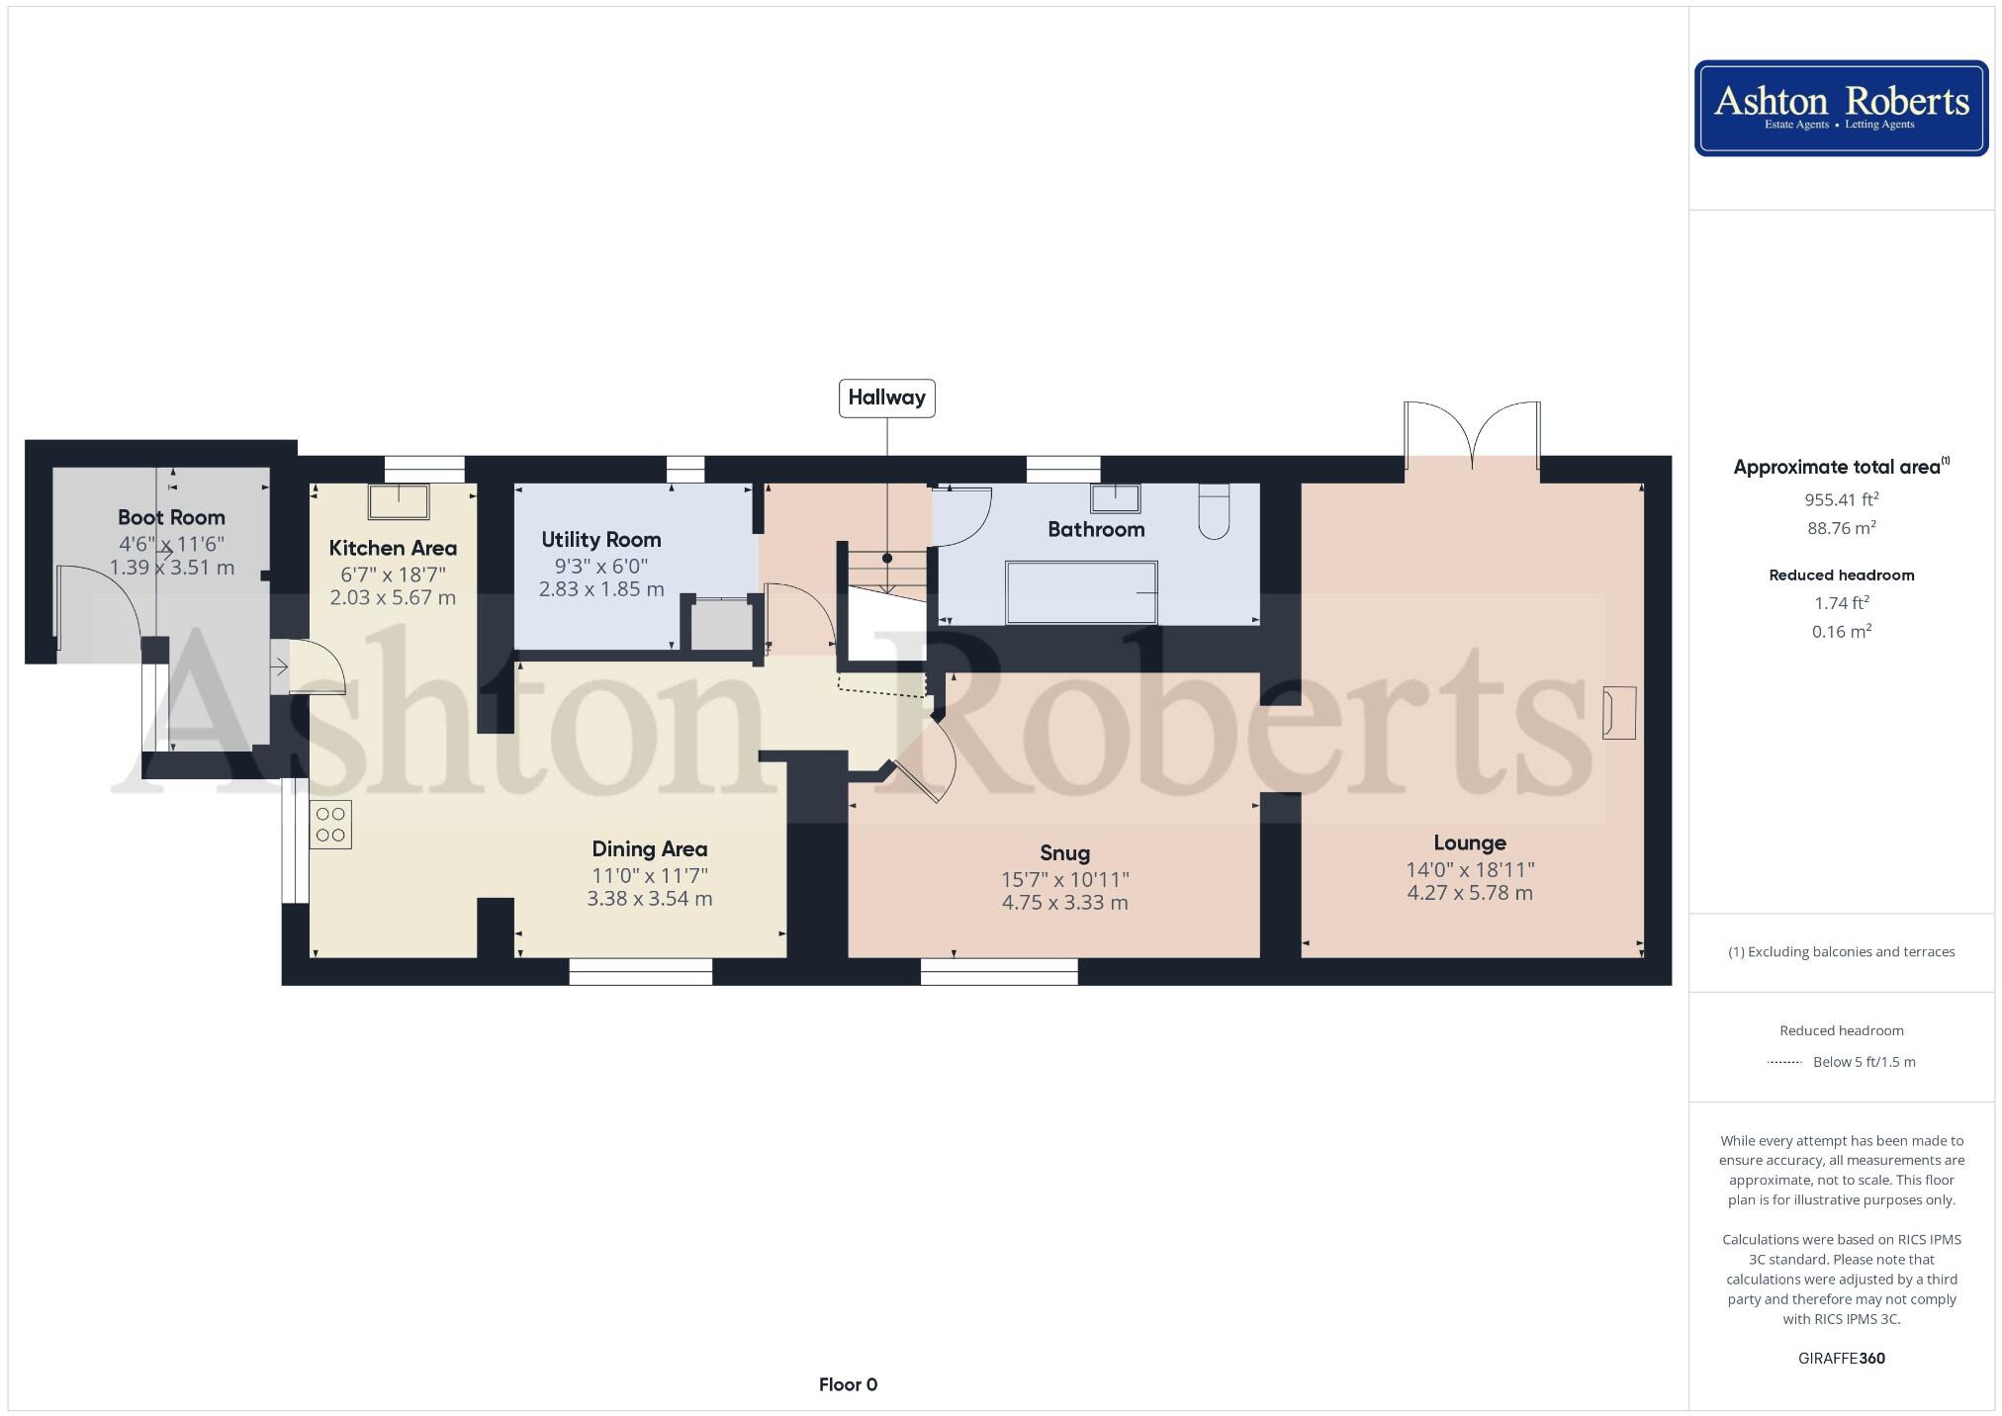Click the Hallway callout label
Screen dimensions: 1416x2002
886,398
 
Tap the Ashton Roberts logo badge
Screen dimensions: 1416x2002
1841,108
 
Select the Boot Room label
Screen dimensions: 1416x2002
171,517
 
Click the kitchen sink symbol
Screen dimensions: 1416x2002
399,501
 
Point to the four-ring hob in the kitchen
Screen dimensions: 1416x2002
330,825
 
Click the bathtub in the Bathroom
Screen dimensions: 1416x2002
1081,592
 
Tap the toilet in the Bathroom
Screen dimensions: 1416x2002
1214,511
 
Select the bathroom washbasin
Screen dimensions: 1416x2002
1115,497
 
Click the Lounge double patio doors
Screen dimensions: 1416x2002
1472,435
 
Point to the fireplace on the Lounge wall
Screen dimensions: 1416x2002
1619,712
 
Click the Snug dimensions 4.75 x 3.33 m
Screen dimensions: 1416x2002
1064,903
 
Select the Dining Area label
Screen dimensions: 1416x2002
649,848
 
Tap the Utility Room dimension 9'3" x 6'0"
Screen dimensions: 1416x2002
600,566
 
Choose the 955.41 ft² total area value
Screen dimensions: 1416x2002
1841,499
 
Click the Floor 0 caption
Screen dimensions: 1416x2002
848,1384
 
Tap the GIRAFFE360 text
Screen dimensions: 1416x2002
1841,1358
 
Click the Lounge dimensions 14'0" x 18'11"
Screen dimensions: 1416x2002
1469,869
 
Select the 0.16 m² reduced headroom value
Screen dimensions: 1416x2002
1841,631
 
